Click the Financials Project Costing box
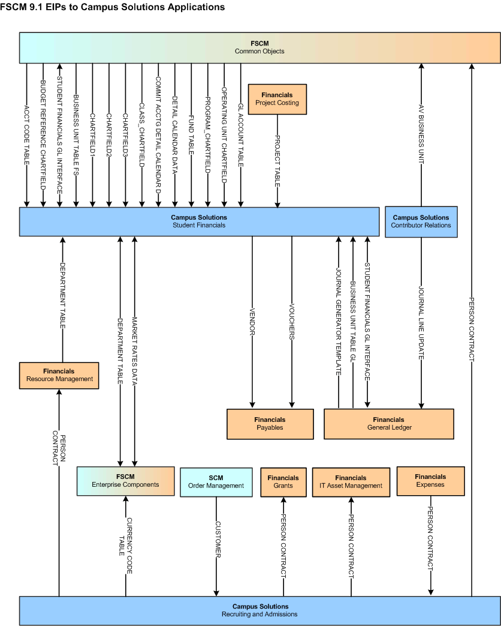pos(277,99)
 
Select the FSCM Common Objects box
pos(259,47)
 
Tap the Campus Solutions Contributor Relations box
pos(421,221)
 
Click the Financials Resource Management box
pos(59,375)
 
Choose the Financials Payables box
pos(270,424)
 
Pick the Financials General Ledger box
pos(388,424)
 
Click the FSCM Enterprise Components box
pos(125,481)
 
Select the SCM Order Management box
pos(216,482)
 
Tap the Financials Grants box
pos(283,482)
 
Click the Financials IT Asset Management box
pos(351,482)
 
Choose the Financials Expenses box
pos(430,481)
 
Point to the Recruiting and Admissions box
pos(259,610)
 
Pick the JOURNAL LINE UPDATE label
pos(421,322)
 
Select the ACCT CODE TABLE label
pos(27,136)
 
